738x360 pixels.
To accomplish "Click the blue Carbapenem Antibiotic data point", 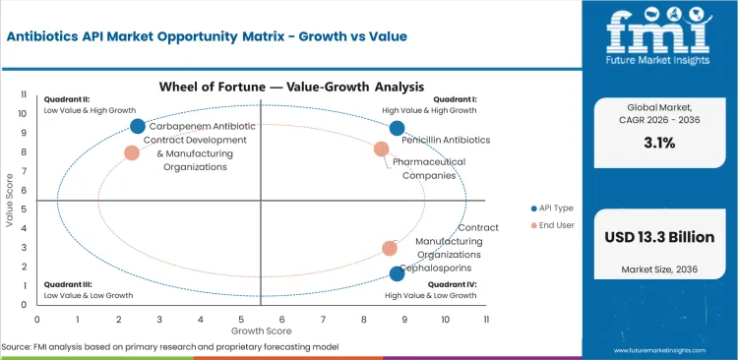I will [138, 126].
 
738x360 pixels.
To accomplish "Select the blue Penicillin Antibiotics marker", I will [398, 128].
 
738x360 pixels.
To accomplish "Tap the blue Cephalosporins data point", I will [398, 273].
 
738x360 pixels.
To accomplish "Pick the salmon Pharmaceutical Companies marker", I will [382, 149].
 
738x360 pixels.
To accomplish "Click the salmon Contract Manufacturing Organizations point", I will [390, 249].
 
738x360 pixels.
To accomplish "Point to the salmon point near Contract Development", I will [132, 152].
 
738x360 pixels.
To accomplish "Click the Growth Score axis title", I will [260, 332].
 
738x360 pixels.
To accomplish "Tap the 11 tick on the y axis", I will [23, 95].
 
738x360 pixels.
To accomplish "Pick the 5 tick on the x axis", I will [241, 320].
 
